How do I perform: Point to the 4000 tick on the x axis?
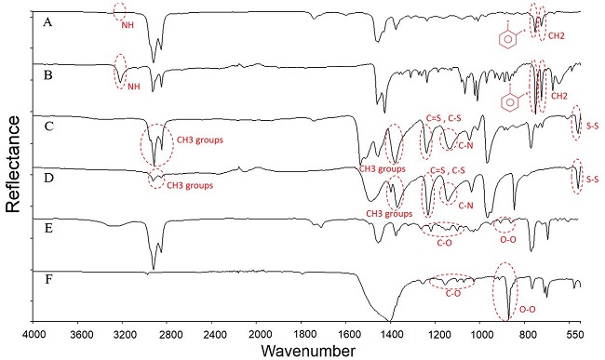[34, 332]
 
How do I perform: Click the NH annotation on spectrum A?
[128, 25]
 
